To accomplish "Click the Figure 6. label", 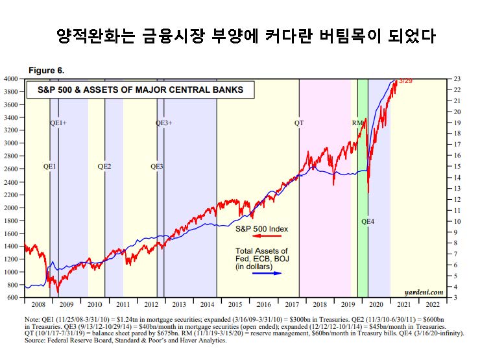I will point(46,70).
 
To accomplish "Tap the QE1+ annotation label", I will point(58,123).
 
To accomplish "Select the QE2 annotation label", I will point(104,166).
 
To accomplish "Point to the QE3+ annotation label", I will point(164,123).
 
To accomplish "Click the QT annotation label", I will point(298,123).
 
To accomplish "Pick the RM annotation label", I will point(357,123).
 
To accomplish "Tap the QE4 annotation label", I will point(368,222).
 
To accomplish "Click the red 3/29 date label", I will point(406,81).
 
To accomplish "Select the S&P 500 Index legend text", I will point(261,229).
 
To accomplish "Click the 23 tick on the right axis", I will point(458,78).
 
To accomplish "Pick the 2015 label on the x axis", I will point(235,304).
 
